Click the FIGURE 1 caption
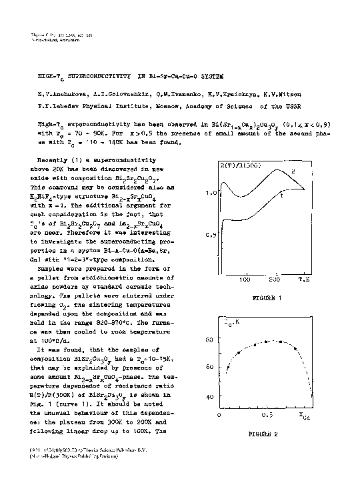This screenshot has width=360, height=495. pos(265,298)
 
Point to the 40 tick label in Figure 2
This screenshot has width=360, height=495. pos(209,397)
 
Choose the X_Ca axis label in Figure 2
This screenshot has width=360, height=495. pos(304,416)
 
